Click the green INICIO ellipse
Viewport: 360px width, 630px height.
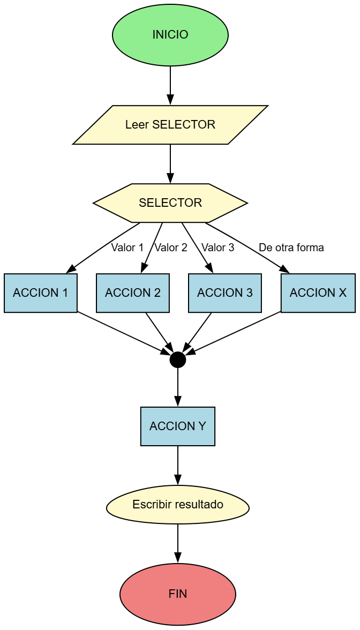click(x=170, y=35)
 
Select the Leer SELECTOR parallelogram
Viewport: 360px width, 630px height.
click(x=170, y=125)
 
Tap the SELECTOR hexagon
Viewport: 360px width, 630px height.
click(x=170, y=203)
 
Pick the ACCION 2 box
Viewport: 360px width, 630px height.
click(x=133, y=293)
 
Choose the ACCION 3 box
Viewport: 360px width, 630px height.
click(x=225, y=293)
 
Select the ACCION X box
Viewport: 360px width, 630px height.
click(x=318, y=293)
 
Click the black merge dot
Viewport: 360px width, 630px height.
click(x=178, y=360)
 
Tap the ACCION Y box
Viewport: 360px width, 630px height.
click(x=178, y=426)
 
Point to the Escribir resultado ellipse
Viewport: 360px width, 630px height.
click(x=178, y=505)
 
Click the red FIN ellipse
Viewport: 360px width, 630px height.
click(x=178, y=594)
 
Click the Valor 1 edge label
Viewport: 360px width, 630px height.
click(x=127, y=248)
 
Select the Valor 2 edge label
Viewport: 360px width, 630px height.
click(x=171, y=248)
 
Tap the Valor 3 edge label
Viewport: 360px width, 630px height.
click(x=217, y=248)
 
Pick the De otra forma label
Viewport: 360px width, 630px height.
click(x=291, y=248)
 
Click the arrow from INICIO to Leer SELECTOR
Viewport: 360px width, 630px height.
click(x=170, y=85)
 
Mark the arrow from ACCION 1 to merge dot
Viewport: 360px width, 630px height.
click(x=123, y=332)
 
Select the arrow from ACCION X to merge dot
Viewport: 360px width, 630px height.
click(x=236, y=332)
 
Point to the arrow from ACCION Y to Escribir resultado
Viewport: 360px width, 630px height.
click(x=178, y=464)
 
